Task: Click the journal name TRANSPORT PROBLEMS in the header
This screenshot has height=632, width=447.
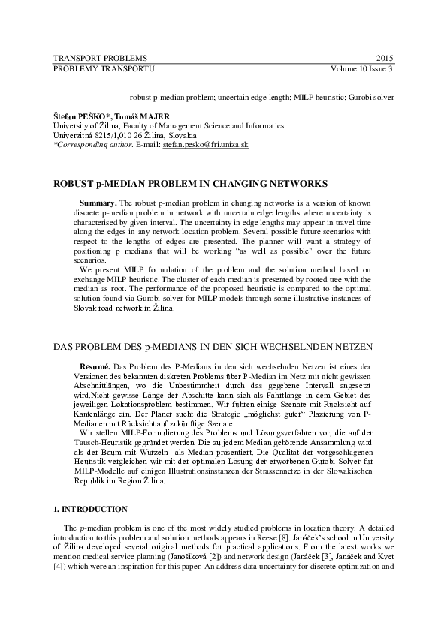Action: tap(100, 58)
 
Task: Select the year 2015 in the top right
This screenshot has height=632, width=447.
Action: tap(384, 58)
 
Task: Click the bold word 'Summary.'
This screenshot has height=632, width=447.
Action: tap(98, 203)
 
